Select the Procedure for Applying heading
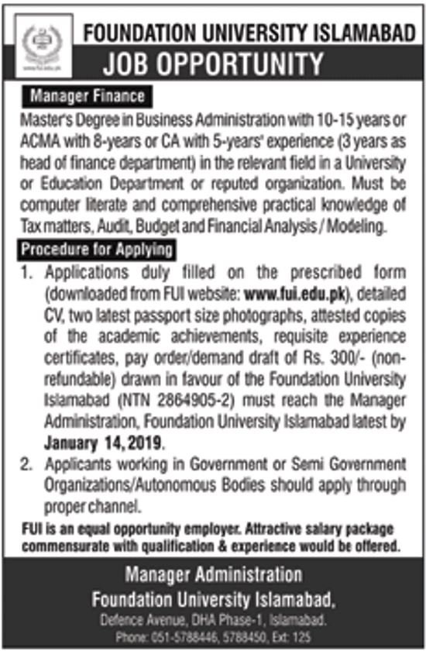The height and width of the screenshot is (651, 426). (x=97, y=251)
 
